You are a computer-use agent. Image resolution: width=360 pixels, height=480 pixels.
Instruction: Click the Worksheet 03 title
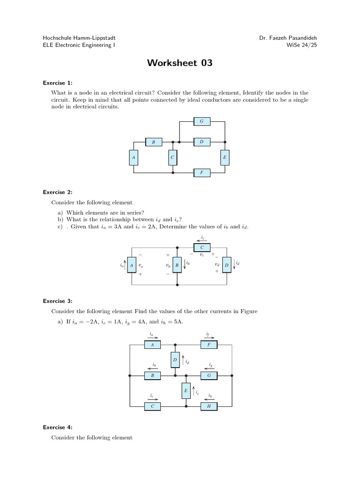pyautogui.click(x=180, y=63)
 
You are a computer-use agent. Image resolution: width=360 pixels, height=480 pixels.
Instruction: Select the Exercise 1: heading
pyautogui.click(x=58, y=83)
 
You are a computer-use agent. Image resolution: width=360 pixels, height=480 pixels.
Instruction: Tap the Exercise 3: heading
pyautogui.click(x=58, y=301)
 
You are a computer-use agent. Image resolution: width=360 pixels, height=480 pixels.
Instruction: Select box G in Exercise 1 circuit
pyautogui.click(x=202, y=121)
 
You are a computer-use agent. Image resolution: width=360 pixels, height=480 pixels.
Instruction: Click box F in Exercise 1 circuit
pyautogui.click(x=202, y=172)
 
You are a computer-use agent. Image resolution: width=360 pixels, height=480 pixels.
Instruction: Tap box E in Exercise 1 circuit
pyautogui.click(x=225, y=158)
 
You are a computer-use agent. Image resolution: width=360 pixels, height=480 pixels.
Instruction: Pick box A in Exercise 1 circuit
pyautogui.click(x=134, y=158)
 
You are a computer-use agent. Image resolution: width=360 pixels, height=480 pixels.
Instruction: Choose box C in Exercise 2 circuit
pyautogui.click(x=202, y=247)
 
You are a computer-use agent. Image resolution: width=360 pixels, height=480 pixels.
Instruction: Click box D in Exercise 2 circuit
pyautogui.click(x=226, y=265)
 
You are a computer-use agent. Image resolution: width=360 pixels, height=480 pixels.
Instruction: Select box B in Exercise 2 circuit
pyautogui.click(x=177, y=265)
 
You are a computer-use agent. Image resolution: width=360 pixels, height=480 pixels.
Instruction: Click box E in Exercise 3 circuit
pyautogui.click(x=186, y=390)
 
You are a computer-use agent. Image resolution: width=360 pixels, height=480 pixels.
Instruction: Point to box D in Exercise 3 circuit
pyautogui.click(x=175, y=360)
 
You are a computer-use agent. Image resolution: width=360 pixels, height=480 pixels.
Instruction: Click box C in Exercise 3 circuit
pyautogui.click(x=152, y=406)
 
